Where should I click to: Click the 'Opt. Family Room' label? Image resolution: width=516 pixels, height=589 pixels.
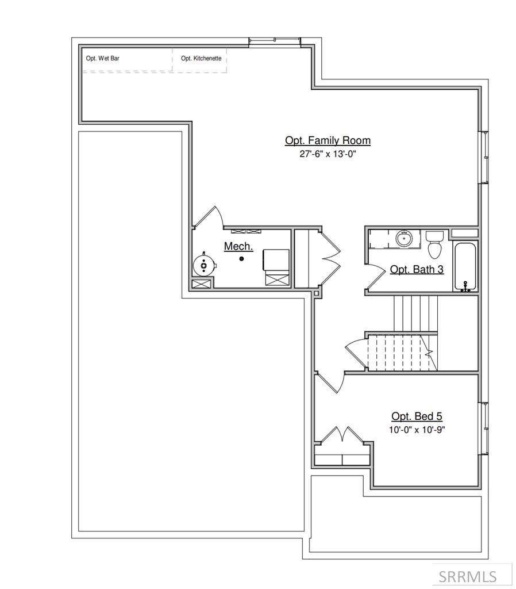click(328, 140)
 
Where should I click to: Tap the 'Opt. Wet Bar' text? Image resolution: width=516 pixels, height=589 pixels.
click(103, 58)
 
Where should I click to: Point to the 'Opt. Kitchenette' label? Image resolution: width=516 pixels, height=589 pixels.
click(201, 58)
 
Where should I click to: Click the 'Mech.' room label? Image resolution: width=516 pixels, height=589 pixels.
click(238, 246)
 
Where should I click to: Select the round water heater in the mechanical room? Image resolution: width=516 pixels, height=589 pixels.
click(204, 265)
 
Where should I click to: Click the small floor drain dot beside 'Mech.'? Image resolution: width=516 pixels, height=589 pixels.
click(242, 259)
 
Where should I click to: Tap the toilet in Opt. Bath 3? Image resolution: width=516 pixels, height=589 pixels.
click(434, 246)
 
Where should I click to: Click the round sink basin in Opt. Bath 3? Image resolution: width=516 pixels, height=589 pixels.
click(405, 239)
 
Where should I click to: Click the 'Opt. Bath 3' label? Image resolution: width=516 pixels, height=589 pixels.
click(417, 269)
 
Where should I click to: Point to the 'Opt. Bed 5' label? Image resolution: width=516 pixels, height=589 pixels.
click(417, 416)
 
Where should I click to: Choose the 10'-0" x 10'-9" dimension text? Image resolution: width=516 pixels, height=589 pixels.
click(417, 430)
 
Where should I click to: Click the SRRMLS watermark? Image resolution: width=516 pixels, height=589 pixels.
click(475, 575)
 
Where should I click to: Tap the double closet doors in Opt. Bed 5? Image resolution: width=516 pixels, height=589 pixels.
click(342, 436)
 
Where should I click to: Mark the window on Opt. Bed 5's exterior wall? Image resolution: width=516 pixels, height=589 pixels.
click(484, 428)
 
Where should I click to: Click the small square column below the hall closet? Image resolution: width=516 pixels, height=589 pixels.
click(315, 293)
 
